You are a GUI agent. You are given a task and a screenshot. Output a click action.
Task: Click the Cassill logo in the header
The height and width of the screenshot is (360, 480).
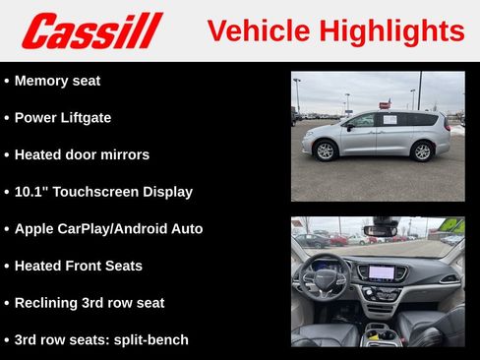[91, 30]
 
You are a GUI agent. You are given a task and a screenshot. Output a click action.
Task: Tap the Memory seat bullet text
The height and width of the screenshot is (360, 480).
[57, 81]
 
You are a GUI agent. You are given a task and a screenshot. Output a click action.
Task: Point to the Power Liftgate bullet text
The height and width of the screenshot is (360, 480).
[63, 118]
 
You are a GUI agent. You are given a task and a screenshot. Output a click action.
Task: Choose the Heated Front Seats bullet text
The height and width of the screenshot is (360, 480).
[79, 266]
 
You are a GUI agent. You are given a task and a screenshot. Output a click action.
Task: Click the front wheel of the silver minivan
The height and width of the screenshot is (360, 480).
[325, 150]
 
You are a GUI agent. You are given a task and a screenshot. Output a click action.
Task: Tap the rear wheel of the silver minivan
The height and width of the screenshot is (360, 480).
[423, 150]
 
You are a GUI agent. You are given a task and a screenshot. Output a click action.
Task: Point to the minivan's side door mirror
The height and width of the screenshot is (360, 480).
[348, 126]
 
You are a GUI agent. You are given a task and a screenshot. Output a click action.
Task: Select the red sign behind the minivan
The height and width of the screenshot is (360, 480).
[385, 103]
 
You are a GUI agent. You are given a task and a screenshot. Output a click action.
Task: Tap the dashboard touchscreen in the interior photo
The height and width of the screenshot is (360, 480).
[382, 271]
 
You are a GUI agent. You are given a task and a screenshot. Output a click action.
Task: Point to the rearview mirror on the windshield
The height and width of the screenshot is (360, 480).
[380, 230]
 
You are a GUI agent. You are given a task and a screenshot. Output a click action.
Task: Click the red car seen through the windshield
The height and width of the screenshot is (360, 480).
[338, 240]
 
